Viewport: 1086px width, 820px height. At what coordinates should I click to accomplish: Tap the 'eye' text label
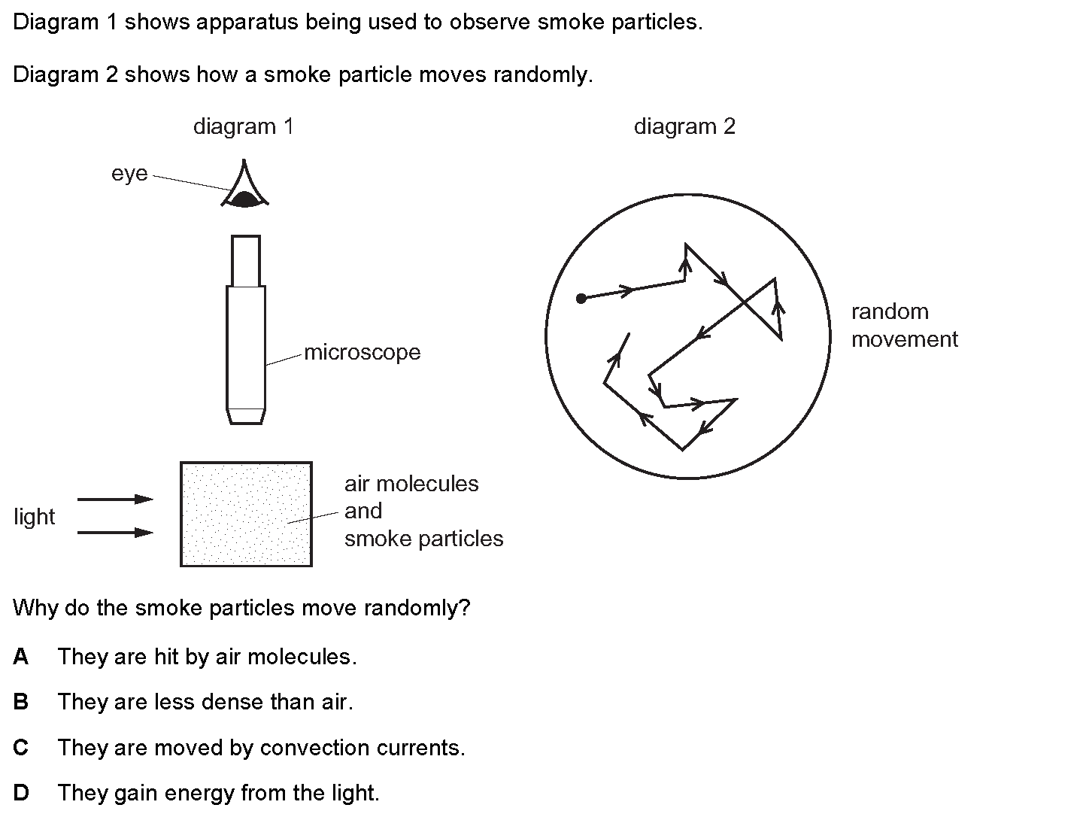click(129, 174)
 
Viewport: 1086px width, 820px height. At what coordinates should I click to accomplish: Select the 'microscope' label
click(363, 352)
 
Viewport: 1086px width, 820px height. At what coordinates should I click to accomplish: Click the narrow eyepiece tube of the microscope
click(246, 261)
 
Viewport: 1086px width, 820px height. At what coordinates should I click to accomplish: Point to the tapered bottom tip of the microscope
click(246, 416)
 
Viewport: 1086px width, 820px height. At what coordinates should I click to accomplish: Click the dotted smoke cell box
click(246, 514)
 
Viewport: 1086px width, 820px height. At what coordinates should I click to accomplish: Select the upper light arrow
click(115, 499)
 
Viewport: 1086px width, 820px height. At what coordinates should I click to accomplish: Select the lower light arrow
click(115, 533)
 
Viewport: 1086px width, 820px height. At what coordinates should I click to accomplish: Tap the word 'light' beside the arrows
click(34, 517)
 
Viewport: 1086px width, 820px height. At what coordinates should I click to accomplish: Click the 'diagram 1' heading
click(244, 126)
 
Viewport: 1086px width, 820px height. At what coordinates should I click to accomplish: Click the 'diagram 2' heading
click(684, 126)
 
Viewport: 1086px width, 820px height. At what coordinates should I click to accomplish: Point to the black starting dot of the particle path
click(581, 299)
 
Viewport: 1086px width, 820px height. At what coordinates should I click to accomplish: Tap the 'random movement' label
click(905, 326)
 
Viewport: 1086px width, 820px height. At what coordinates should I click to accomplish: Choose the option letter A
click(21, 657)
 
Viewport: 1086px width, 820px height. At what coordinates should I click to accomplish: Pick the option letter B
click(21, 702)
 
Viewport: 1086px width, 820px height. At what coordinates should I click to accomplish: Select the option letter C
click(21, 747)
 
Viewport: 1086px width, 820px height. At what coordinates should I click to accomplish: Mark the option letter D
click(21, 793)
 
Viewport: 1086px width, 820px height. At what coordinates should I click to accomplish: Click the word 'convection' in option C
click(314, 748)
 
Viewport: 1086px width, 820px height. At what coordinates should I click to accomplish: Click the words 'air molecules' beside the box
click(411, 484)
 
